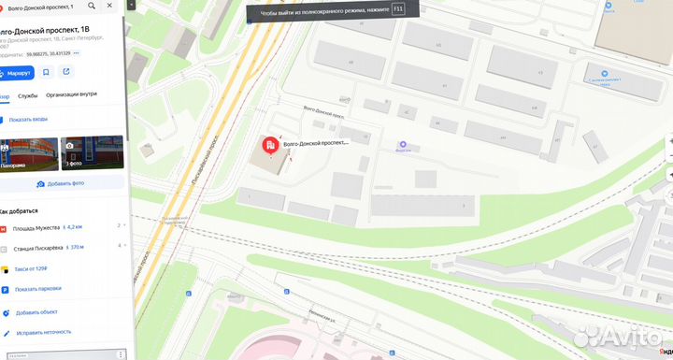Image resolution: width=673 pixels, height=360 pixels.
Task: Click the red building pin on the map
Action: tap(269, 145)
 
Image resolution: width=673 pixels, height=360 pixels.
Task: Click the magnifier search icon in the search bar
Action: tap(91, 7)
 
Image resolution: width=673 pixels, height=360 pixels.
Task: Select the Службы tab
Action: tap(28, 95)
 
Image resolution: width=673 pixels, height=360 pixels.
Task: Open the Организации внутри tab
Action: tap(71, 95)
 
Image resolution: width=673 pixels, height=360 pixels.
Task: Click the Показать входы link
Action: tap(28, 120)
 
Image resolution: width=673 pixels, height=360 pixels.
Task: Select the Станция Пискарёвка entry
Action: tap(36, 247)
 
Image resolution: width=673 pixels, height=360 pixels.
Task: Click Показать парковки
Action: tap(38, 289)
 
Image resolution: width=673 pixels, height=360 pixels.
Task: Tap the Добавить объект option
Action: tap(36, 311)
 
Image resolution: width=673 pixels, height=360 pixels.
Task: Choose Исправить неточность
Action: tap(43, 332)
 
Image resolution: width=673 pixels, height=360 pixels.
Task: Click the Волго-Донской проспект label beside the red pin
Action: tap(315, 143)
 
